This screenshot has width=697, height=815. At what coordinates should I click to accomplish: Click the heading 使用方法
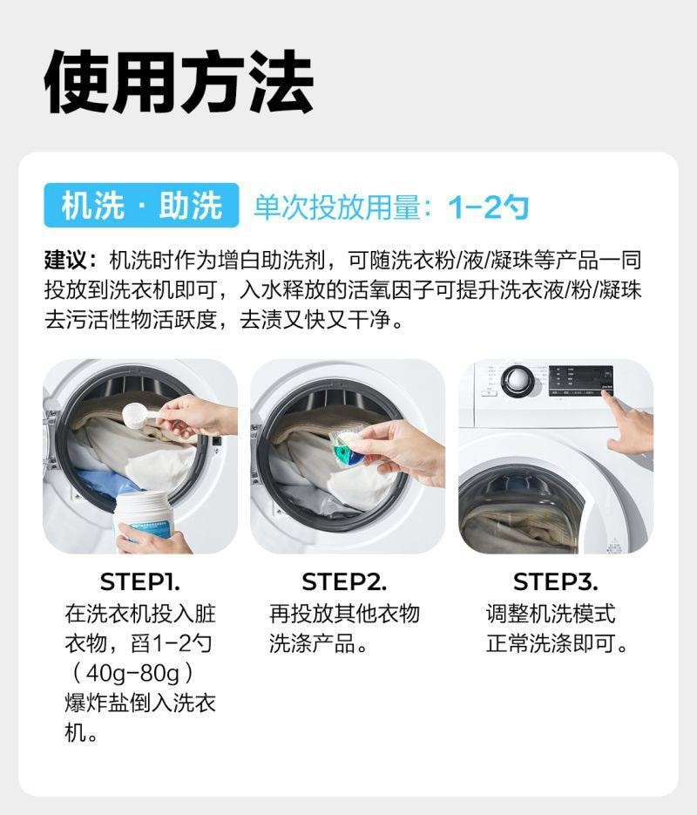point(178,82)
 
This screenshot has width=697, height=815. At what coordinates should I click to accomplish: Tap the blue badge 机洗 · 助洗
point(141,206)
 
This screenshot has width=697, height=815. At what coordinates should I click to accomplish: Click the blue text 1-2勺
point(488,207)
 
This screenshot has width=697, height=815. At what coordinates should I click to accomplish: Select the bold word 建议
point(66,260)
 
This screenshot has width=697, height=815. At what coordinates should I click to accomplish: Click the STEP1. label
point(139,581)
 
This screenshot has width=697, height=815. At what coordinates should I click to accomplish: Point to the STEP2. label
point(344,581)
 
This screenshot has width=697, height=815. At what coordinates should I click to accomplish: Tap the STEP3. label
point(555,581)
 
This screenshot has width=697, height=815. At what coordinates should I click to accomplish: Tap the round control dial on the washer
point(518,380)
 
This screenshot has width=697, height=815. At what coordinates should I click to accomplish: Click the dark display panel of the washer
point(580,380)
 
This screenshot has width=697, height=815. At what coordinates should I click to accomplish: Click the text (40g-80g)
point(133,674)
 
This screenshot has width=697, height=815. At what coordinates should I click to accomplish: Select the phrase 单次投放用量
point(336,207)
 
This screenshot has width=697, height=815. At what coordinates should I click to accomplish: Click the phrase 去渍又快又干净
point(315,319)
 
